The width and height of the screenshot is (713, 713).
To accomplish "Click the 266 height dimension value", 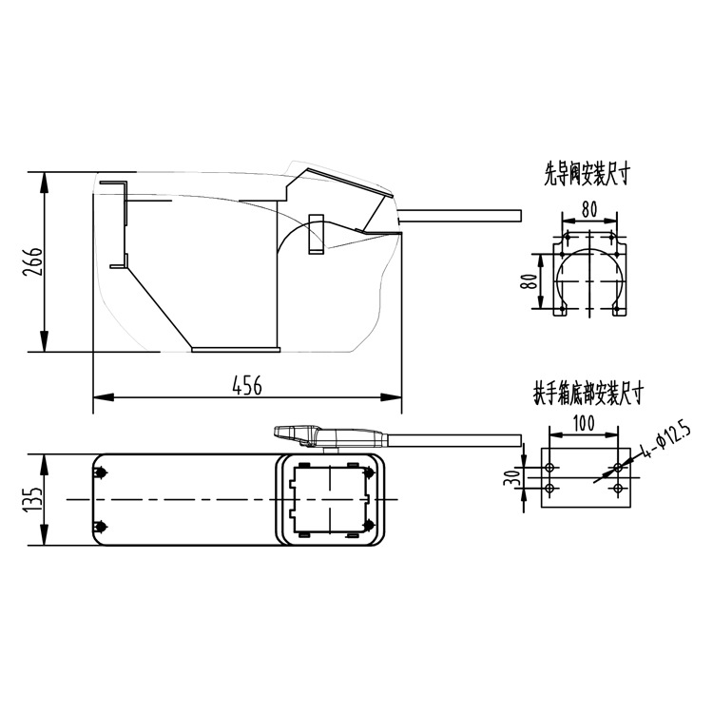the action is point(31,262).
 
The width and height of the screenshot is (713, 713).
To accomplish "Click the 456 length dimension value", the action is point(247,386).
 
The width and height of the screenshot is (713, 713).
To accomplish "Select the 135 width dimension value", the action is point(33,500).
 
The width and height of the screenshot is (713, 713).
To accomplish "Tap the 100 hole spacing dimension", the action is point(584,423).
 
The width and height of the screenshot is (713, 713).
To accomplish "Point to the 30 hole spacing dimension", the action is point(512,477).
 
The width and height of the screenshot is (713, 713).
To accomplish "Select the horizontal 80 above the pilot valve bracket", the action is point(589,210).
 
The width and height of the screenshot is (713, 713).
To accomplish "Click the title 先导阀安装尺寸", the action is point(588,175).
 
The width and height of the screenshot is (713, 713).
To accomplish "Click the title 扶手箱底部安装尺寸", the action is point(588,394).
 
